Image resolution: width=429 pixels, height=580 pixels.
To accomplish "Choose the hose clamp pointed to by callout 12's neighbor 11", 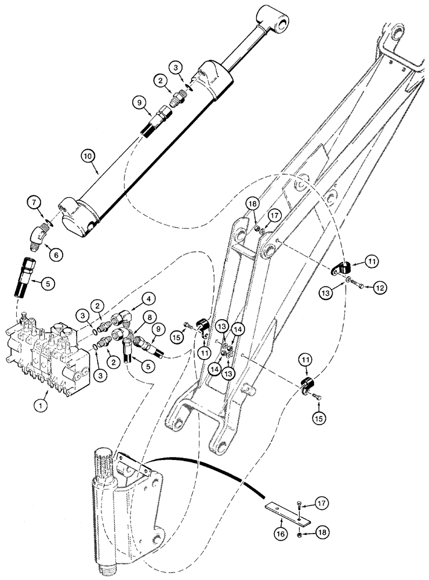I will pos(343,269).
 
